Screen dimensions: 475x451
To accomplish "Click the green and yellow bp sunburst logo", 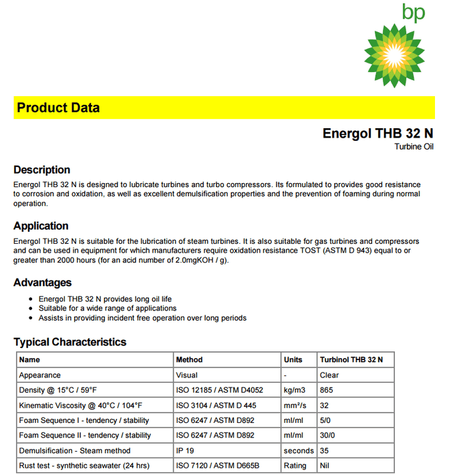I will (x=394, y=55).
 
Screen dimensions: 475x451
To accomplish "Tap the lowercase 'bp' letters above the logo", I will (x=413, y=13).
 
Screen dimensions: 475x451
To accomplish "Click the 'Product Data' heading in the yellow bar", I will (x=58, y=108).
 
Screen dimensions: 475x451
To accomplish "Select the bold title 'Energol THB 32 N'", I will (x=378, y=133).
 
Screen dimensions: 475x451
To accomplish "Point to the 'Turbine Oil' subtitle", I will (x=414, y=146).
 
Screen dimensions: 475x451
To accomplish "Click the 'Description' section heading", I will (x=41, y=170).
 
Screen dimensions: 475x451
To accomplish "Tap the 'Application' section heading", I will (x=41, y=226).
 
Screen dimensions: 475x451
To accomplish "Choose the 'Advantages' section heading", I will (x=42, y=283).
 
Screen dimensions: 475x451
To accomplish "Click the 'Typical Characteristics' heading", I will (x=69, y=342).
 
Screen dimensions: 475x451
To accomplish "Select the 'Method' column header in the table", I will (x=189, y=359).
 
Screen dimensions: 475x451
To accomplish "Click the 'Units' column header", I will (x=293, y=359).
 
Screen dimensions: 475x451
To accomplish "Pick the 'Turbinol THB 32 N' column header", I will (x=351, y=359).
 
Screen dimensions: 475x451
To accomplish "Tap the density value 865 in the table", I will (x=327, y=389).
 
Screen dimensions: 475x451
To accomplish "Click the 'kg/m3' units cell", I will (x=295, y=389).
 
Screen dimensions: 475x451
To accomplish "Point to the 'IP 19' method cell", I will (x=185, y=450).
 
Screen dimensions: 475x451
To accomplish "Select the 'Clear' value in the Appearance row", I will (x=329, y=375).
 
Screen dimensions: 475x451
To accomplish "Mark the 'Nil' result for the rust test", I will (x=325, y=466).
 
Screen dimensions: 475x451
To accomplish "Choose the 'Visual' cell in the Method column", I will (x=186, y=375).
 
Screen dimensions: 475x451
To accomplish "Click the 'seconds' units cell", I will (x=298, y=450).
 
